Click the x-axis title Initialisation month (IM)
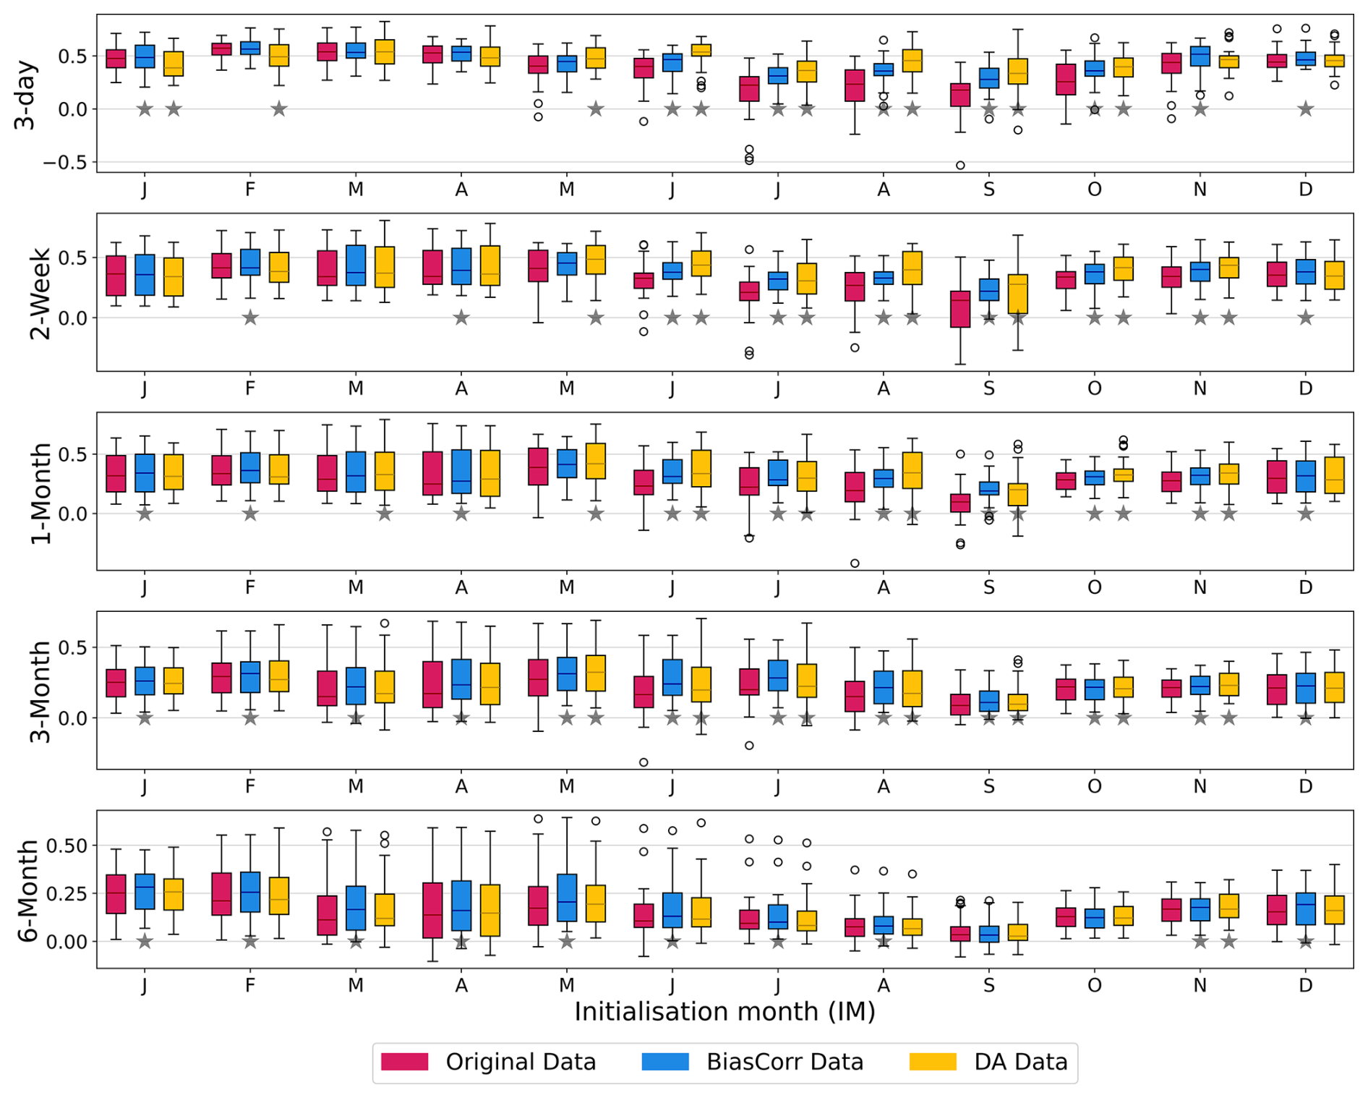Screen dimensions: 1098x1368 click(724, 1011)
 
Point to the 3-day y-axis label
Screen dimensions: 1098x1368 click(25, 94)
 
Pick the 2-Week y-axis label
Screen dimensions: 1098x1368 click(40, 294)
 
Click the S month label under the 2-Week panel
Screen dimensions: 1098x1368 click(988, 389)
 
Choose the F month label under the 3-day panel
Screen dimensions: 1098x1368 click(249, 190)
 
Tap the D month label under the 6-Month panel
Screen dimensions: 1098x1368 click(1305, 985)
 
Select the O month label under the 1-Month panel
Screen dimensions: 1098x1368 click(1094, 587)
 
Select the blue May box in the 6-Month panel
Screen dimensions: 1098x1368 click(567, 898)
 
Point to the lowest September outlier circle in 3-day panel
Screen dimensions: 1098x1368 click(960, 166)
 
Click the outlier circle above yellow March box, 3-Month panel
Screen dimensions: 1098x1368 click(385, 624)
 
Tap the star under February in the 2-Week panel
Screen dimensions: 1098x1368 click(250, 318)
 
